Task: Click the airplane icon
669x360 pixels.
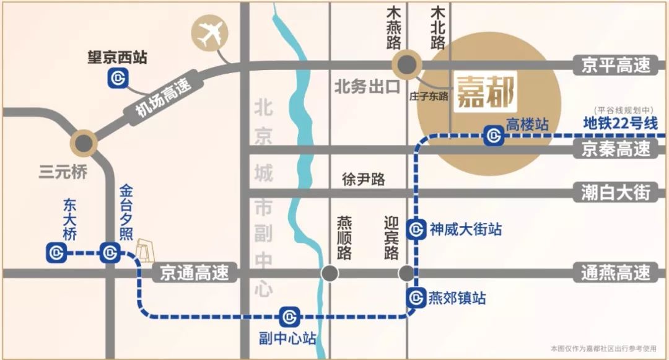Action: [210, 35]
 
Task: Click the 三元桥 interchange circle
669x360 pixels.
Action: [83, 143]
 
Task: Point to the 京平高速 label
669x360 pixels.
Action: [616, 65]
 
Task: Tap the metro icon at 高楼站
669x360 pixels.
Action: [494, 136]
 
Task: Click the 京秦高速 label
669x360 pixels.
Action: [616, 149]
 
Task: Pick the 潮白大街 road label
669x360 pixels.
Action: [616, 192]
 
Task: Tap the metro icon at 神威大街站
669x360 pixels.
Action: [416, 229]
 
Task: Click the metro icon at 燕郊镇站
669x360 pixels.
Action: [416, 298]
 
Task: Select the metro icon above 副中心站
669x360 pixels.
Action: [289, 317]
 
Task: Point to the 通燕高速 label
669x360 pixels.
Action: [616, 272]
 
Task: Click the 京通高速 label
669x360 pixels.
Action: [195, 272]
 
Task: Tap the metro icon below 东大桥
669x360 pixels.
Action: [56, 252]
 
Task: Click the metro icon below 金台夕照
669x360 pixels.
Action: [110, 253]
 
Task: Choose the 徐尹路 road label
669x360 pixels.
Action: [364, 180]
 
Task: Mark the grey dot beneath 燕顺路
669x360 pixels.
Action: [330, 273]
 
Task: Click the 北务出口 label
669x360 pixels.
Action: [367, 87]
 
